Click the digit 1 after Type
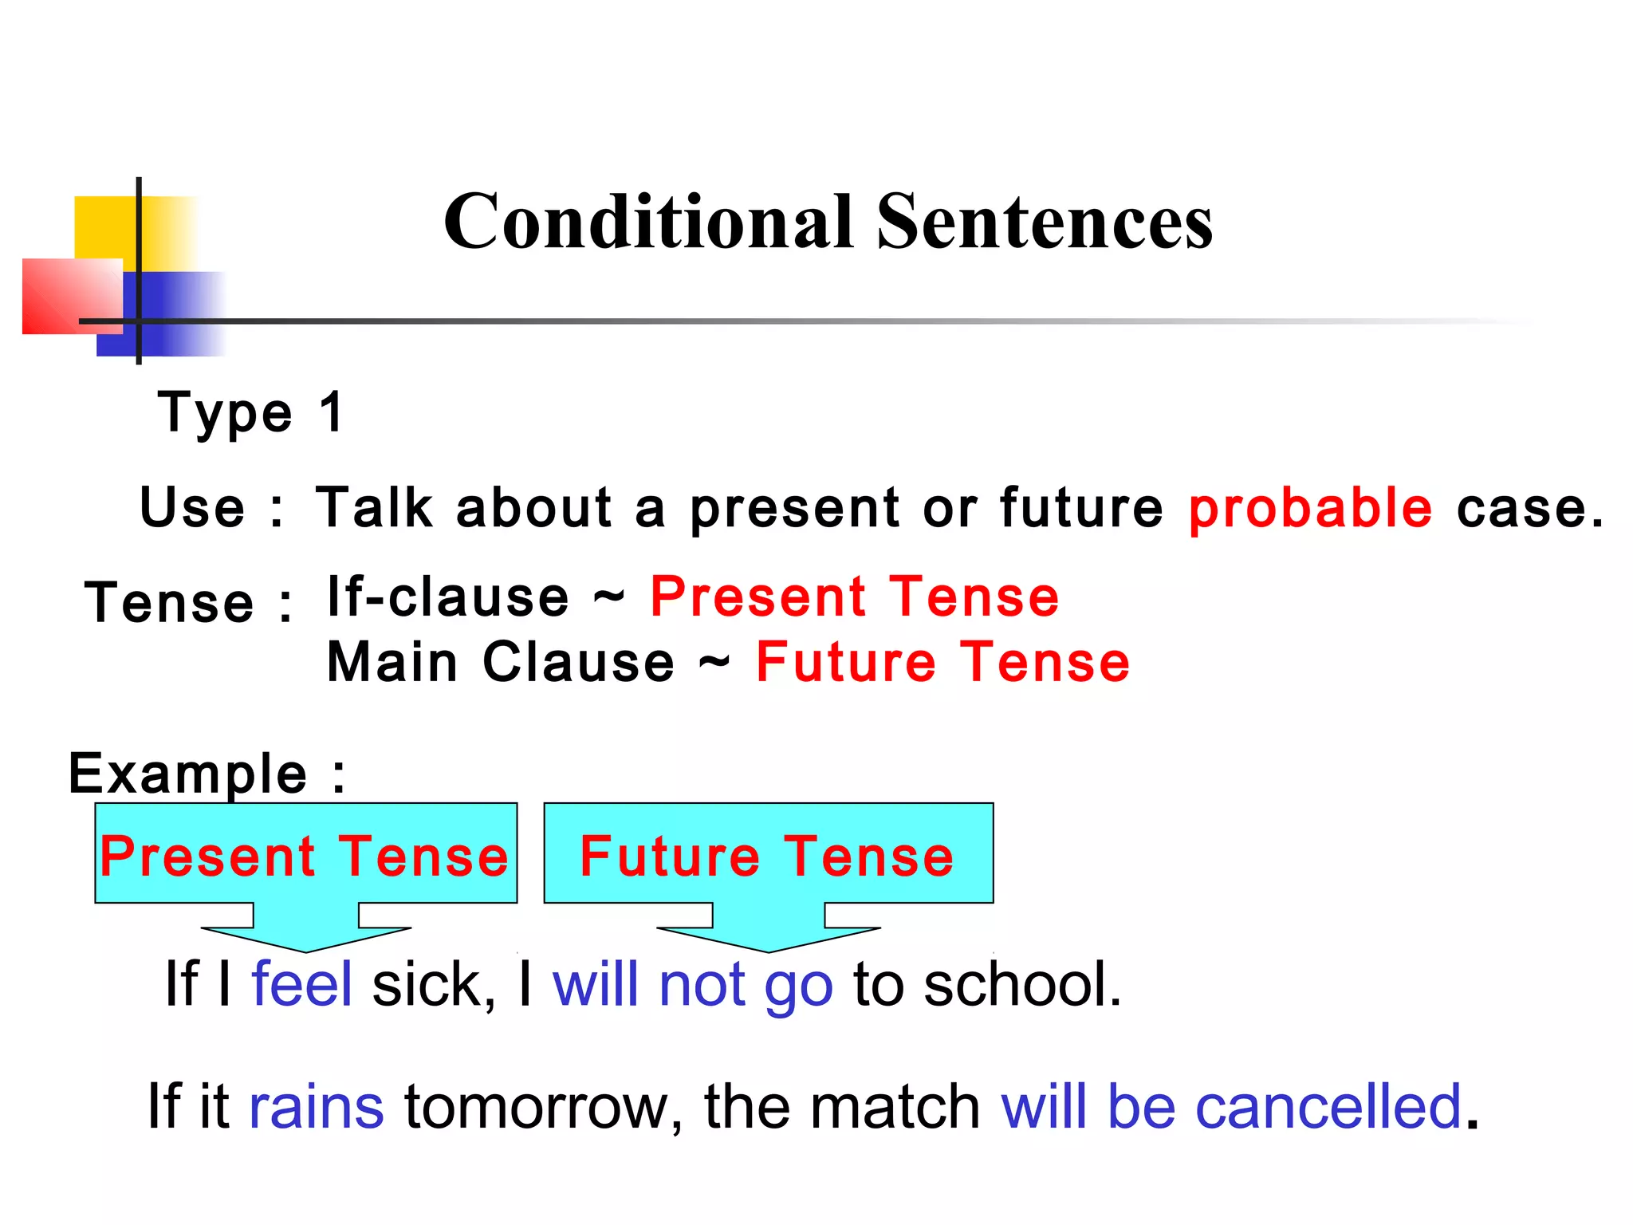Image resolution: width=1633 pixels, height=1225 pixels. click(x=332, y=412)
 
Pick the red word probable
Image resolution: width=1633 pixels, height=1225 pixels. click(x=1310, y=509)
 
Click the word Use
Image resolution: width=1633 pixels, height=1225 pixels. click(x=192, y=508)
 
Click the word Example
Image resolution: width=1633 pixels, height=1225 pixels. click(x=188, y=773)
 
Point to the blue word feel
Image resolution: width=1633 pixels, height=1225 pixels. click(x=301, y=984)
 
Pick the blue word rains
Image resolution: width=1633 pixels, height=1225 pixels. click(x=316, y=1107)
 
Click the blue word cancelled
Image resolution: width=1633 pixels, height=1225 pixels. click(x=1327, y=1107)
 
